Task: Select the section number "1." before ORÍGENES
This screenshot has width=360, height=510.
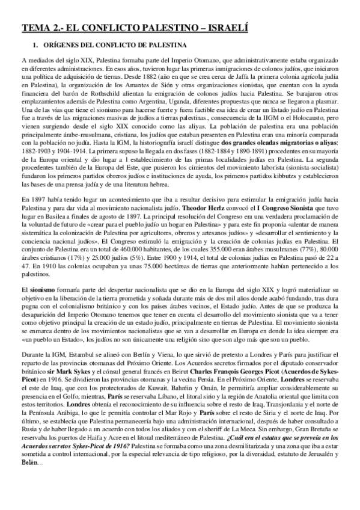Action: click(x=35, y=46)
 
